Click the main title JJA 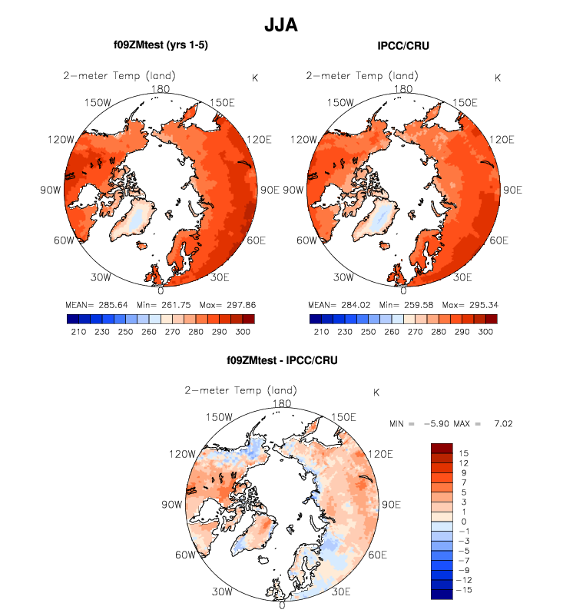[x=281, y=25]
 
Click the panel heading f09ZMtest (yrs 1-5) [x=161, y=45]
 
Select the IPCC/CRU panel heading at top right [x=403, y=46]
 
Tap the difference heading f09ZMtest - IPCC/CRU [x=282, y=360]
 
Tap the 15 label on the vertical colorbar [x=463, y=453]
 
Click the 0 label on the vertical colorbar [x=463, y=522]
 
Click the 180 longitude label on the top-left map [x=161, y=88]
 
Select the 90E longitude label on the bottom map [x=392, y=505]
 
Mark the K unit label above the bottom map [x=376, y=393]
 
